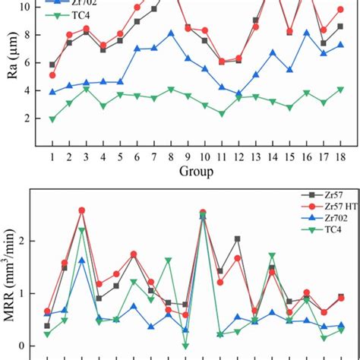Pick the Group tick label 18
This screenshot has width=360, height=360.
[339, 156]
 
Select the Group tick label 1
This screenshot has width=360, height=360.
[52, 156]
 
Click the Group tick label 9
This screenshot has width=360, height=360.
[188, 156]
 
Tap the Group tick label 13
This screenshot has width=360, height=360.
[255, 156]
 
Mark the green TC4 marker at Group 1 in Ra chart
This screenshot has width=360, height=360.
[52, 119]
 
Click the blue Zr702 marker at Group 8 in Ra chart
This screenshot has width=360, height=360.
[171, 33]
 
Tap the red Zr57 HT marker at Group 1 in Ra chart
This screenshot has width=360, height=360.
[52, 75]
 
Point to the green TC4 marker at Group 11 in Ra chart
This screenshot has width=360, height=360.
[222, 114]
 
